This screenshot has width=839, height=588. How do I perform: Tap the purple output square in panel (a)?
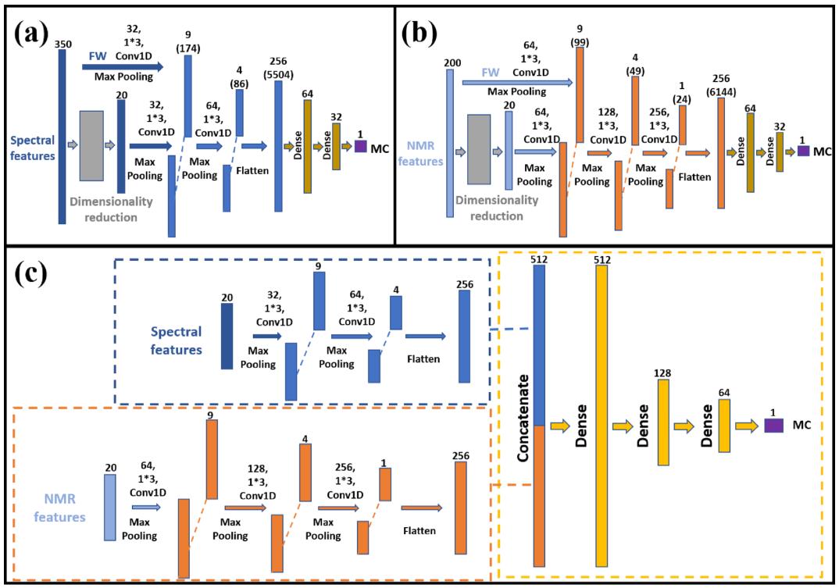point(360,145)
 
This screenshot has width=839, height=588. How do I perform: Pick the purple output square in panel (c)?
point(773,426)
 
